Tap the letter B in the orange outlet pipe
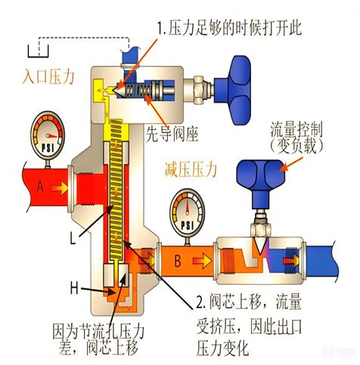point(177,262)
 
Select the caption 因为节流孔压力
point(97,332)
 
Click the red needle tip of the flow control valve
point(257,247)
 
